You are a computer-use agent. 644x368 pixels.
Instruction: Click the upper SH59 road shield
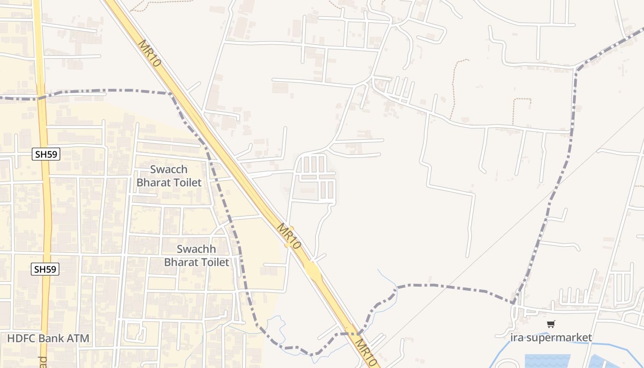point(46,154)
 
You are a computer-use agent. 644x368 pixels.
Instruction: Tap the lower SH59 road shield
point(46,269)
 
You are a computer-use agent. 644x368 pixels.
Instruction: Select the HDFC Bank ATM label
point(48,339)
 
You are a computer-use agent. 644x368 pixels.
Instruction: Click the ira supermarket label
point(551,338)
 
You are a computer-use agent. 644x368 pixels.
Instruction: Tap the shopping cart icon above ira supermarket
point(551,324)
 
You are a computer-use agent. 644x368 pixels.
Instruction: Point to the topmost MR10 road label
point(150,53)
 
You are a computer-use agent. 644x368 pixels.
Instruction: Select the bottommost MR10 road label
point(367,354)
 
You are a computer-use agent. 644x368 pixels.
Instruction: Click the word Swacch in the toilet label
point(169,169)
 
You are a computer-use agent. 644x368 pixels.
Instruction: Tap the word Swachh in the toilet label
point(196,249)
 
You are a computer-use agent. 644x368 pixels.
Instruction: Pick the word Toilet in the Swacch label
point(185,183)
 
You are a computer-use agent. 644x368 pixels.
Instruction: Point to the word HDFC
point(21,339)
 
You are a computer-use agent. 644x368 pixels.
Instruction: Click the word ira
point(517,338)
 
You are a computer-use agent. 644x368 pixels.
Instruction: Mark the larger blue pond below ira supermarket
point(547,361)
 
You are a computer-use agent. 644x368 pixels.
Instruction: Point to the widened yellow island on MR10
point(313,271)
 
